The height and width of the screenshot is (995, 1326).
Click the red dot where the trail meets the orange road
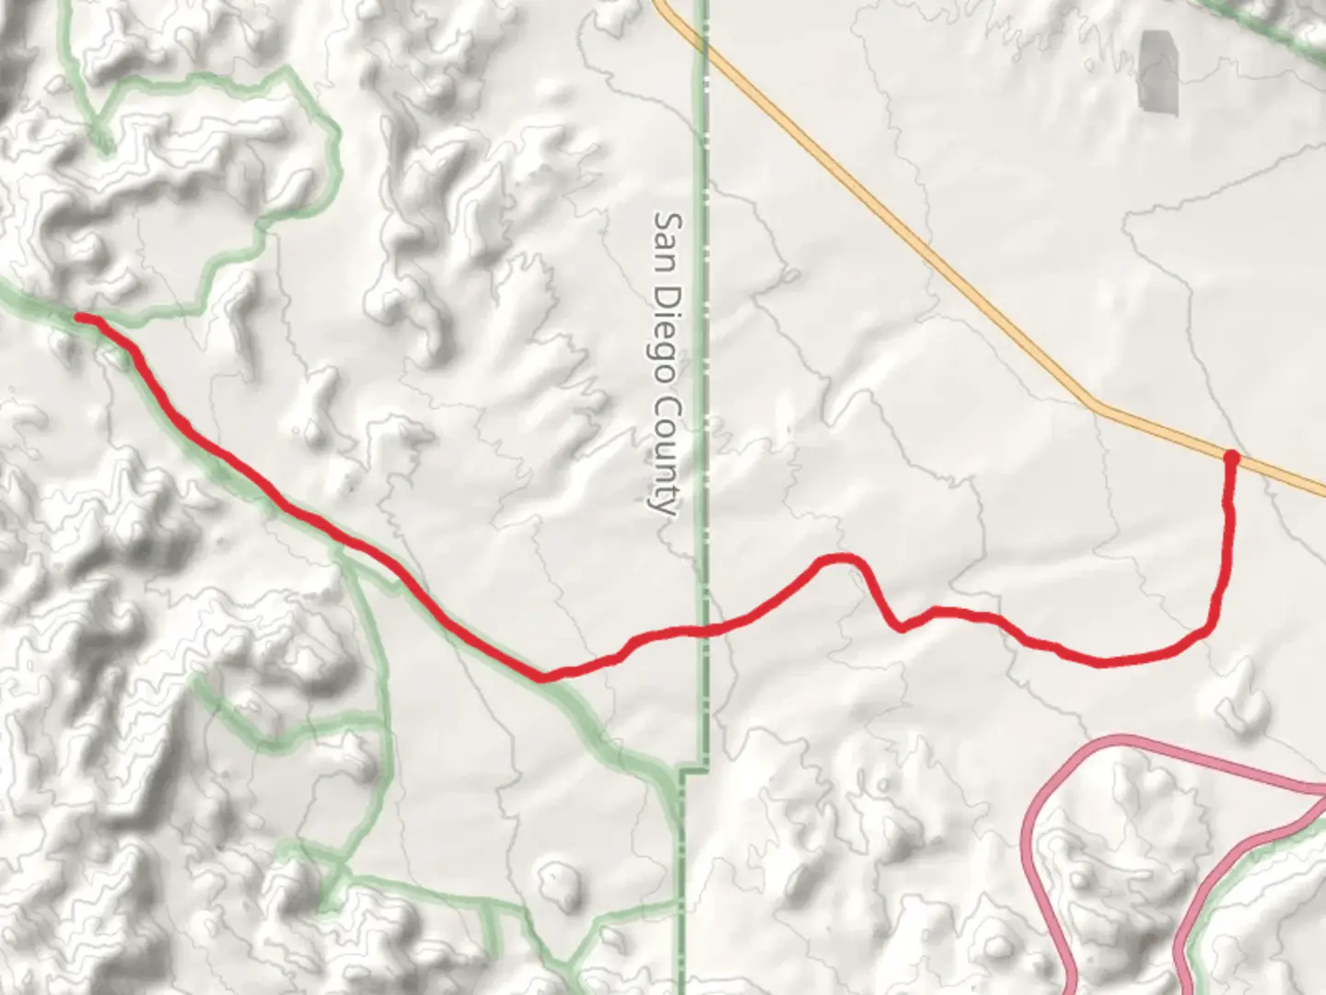click(x=1231, y=456)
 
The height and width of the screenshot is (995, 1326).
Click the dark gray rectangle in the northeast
click(x=1158, y=72)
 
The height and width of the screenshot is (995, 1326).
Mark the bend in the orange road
click(x=1094, y=403)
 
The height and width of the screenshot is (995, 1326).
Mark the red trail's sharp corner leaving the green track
click(x=543, y=677)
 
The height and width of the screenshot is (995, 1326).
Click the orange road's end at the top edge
click(x=659, y=4)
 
